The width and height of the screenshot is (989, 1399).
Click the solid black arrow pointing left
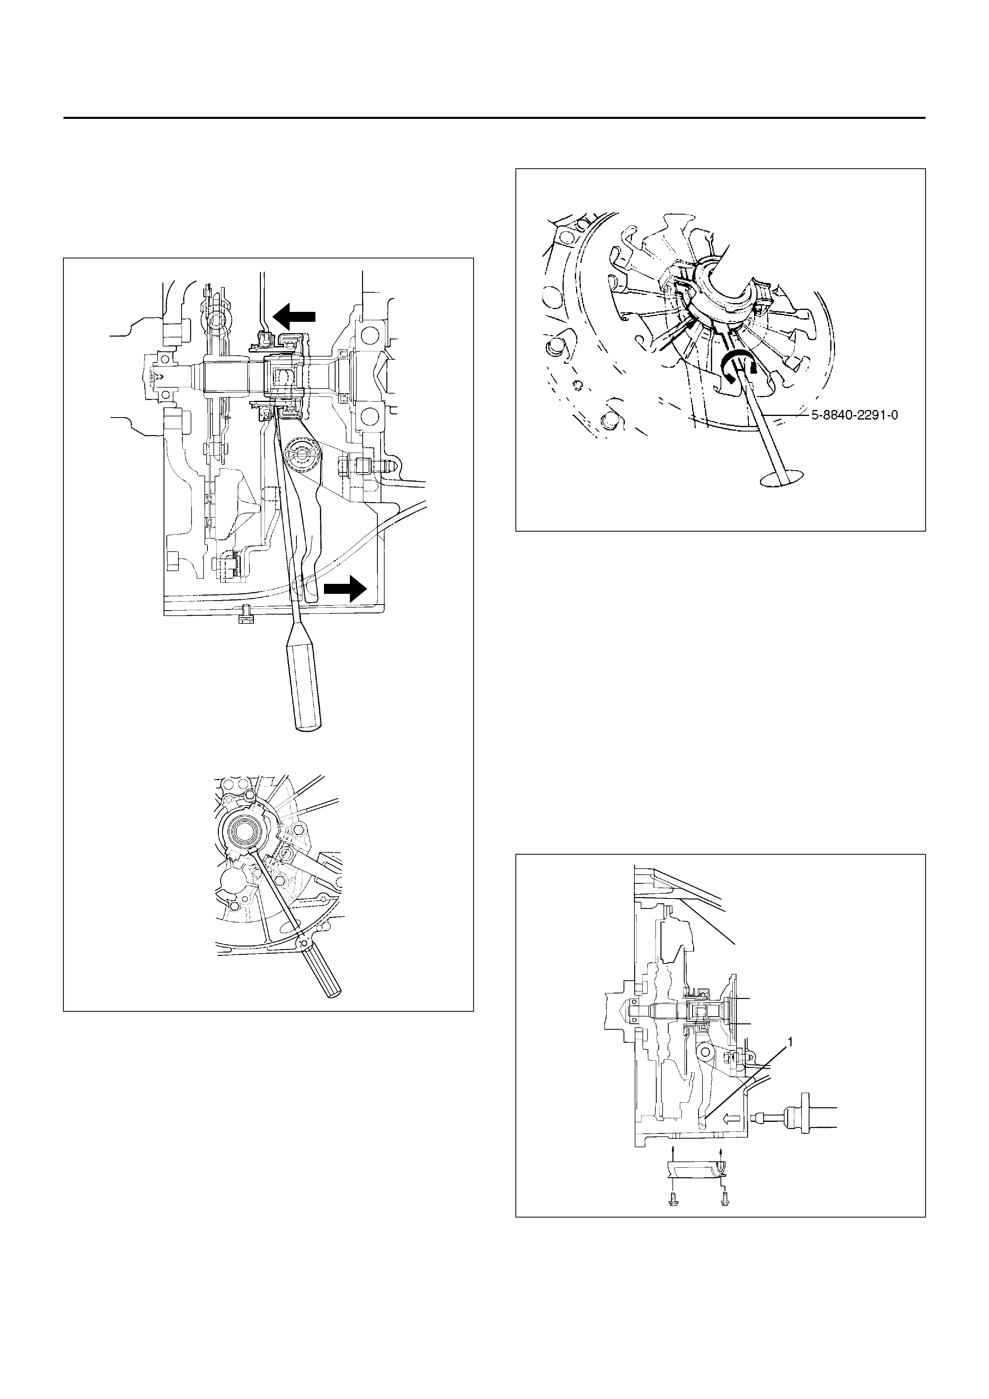(x=294, y=316)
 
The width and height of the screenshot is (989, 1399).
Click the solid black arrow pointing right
(x=345, y=589)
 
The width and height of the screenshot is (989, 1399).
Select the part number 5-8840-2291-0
(x=854, y=416)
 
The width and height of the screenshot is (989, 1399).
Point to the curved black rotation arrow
(x=738, y=367)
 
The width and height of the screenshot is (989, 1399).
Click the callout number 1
(x=790, y=1042)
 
